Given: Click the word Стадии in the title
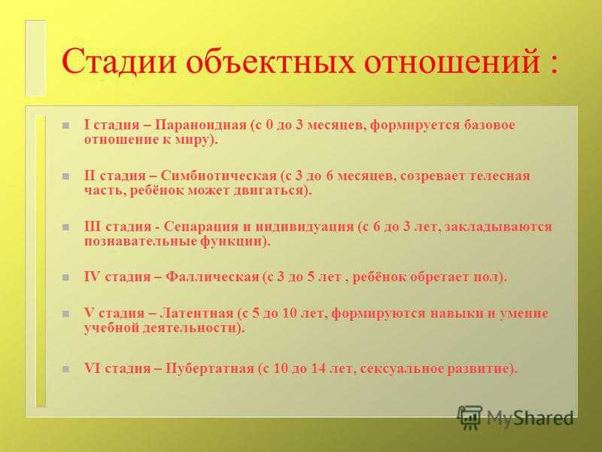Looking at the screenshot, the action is click(119, 61).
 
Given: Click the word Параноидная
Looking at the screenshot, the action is click(201, 125).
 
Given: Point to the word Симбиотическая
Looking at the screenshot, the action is click(218, 176).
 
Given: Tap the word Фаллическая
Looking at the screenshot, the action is click(212, 276).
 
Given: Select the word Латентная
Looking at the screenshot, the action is click(196, 313).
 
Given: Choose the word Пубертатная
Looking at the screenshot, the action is click(210, 369).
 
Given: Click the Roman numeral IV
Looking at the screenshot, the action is click(92, 276).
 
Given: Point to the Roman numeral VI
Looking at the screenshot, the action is click(92, 369).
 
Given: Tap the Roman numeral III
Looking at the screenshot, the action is click(93, 227).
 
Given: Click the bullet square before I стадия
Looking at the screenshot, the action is click(66, 125).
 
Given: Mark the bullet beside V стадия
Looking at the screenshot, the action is click(66, 313).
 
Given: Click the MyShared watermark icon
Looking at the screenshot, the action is click(469, 417).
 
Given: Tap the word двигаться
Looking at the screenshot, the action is click(269, 191).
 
